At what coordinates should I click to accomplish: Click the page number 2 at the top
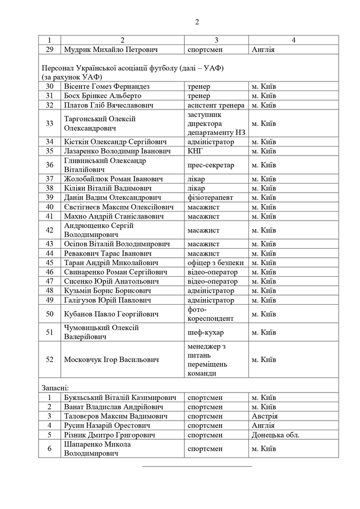coord(197,22)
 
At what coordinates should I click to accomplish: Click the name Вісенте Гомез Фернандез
coord(107,86)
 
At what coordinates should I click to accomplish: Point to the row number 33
coord(50,123)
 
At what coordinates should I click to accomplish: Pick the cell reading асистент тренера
coord(215,105)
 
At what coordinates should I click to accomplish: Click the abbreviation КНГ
coord(196,151)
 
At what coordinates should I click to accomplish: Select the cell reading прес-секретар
coord(210,165)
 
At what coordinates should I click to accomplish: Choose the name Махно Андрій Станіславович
coord(110,215)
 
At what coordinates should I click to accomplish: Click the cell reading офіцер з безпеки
coord(215,262)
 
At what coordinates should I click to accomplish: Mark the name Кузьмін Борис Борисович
coord(107,290)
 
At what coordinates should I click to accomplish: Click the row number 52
coord(50,359)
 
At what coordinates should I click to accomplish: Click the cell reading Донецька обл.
coord(275,434)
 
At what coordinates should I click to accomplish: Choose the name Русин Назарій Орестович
coord(106,425)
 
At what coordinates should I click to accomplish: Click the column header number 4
coord(293,40)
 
